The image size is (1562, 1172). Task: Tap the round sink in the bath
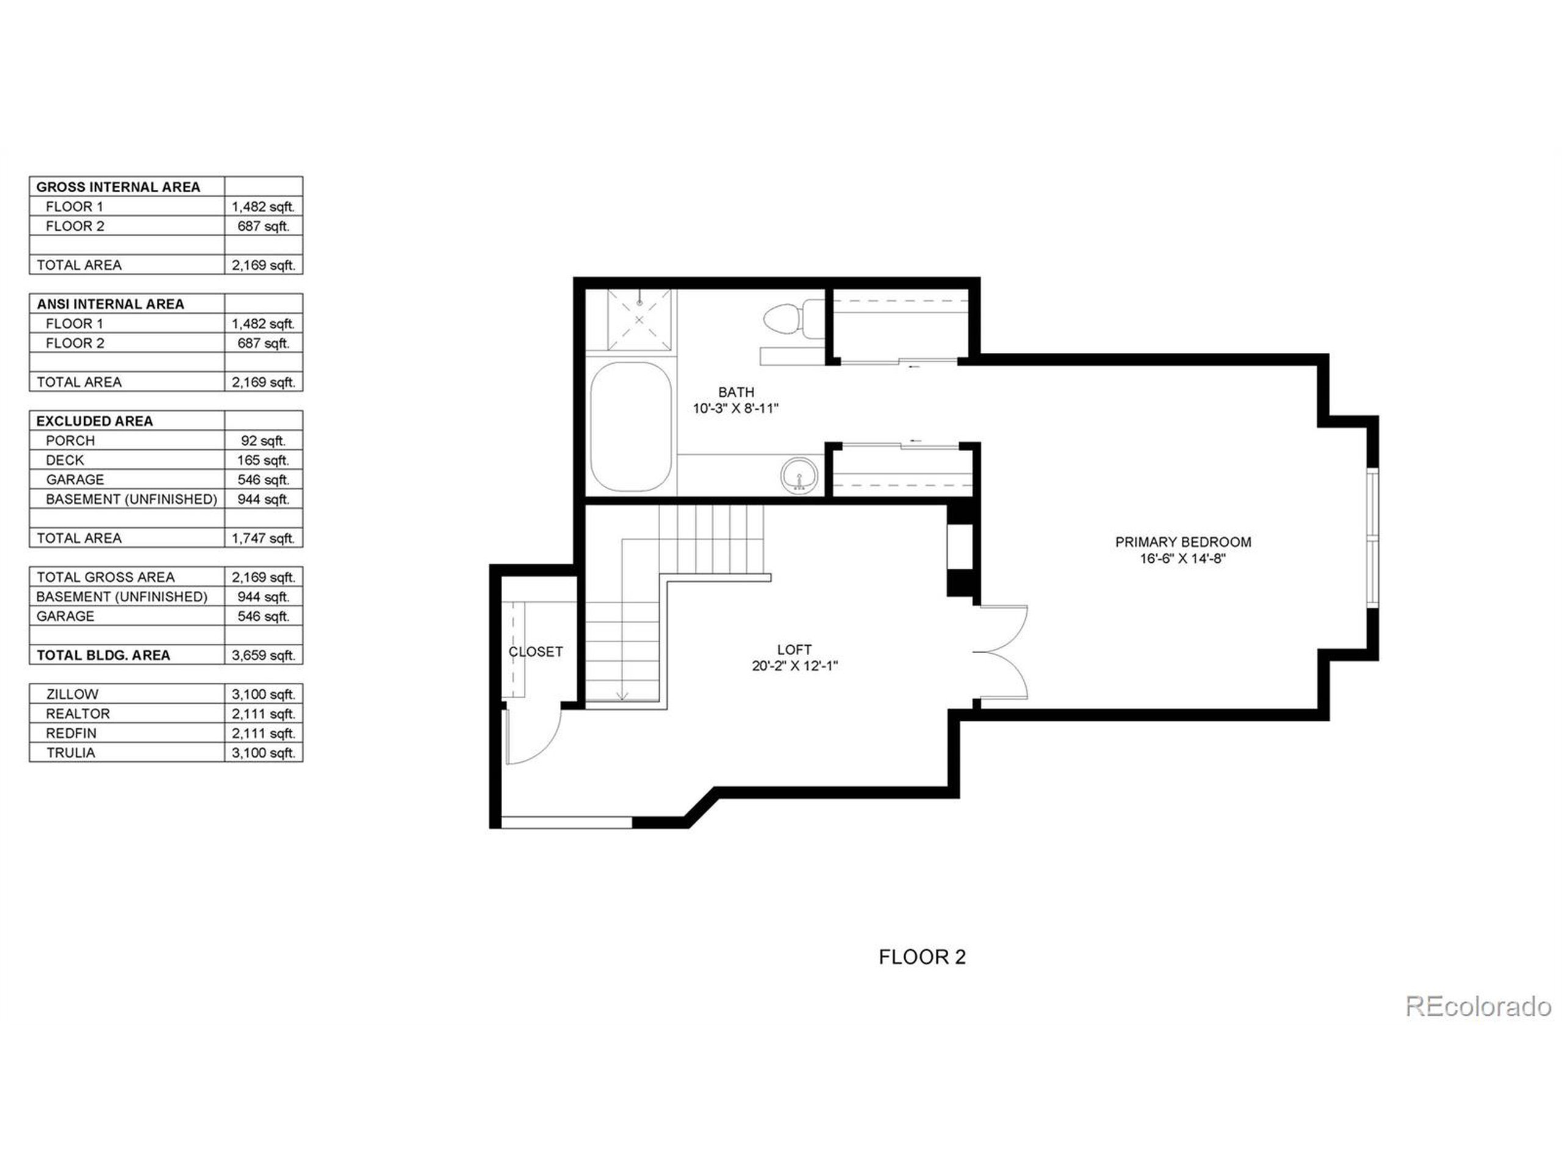point(799,476)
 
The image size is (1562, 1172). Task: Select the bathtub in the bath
point(630,427)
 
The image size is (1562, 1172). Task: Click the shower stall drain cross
point(639,319)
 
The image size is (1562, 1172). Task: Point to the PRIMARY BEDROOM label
point(1183,542)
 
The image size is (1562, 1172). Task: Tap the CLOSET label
point(535,651)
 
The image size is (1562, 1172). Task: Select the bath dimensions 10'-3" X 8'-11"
point(735,408)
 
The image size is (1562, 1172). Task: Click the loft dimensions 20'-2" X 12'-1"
point(794,665)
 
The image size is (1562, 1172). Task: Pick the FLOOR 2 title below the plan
point(921,957)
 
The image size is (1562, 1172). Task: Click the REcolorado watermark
point(1477,1006)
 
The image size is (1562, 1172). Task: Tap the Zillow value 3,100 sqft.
point(264,693)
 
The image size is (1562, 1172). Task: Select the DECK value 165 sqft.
point(264,460)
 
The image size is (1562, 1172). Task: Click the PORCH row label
point(70,440)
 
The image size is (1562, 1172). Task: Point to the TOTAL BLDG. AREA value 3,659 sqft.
point(264,655)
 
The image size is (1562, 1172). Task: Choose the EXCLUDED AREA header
point(94,421)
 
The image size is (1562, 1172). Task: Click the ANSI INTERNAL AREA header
point(110,304)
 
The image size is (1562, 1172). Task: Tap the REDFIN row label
point(71,733)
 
